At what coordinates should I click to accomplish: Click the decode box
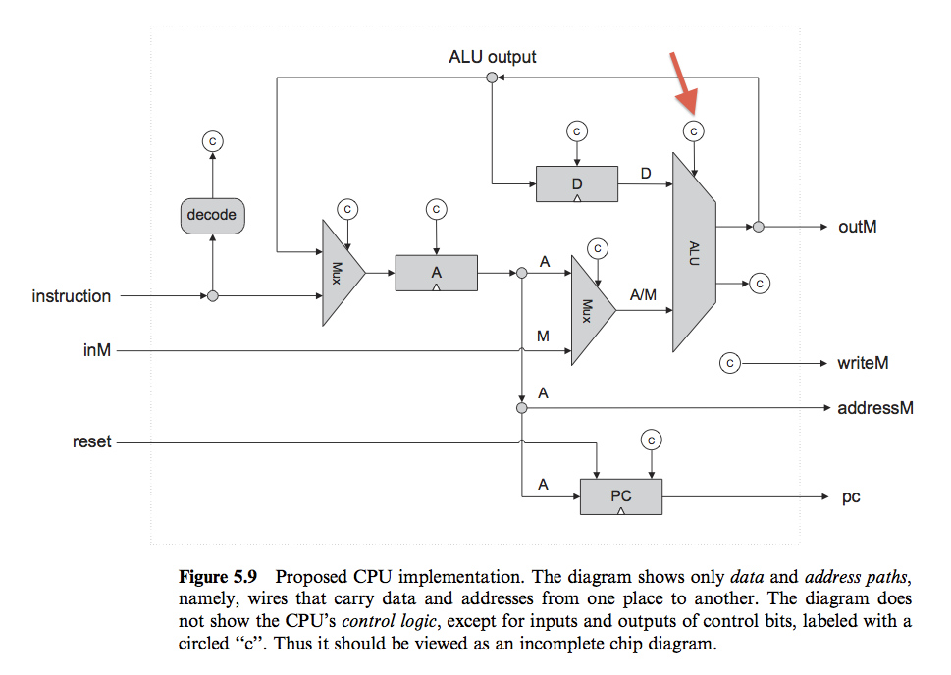[212, 214]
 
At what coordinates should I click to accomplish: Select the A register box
[436, 273]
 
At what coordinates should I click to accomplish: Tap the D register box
[577, 184]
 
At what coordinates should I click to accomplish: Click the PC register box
[621, 495]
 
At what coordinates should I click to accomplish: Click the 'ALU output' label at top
[493, 57]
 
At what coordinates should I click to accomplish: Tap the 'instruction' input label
[72, 296]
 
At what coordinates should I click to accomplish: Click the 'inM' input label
[96, 348]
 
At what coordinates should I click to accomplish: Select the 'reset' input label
[92, 442]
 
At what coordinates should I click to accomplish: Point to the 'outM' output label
[858, 227]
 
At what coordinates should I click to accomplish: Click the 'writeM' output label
[863, 363]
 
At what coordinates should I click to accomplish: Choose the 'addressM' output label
[874, 407]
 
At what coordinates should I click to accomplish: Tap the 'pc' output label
[851, 497]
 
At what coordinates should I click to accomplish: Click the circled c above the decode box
[212, 140]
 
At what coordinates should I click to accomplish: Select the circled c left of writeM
[729, 363]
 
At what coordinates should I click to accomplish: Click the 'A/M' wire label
[644, 294]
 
